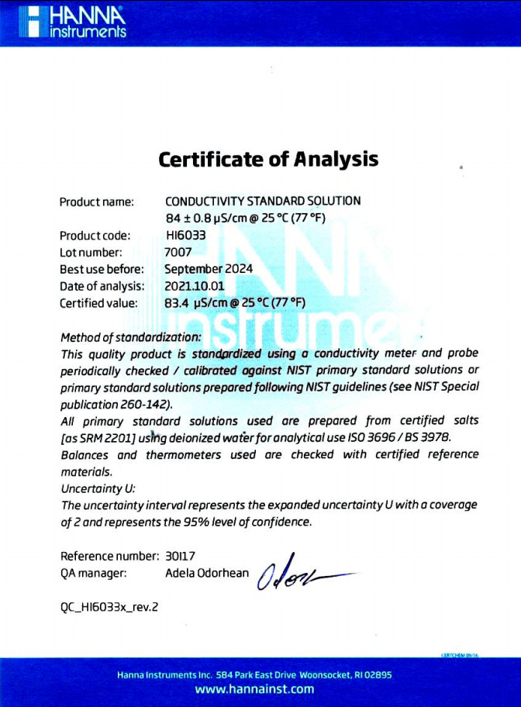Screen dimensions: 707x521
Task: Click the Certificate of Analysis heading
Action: coord(268,160)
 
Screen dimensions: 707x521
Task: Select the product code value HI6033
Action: coord(185,235)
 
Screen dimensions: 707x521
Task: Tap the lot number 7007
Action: coord(178,252)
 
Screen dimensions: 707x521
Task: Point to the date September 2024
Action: coord(209,269)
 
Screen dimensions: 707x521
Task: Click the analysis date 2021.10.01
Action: coord(194,286)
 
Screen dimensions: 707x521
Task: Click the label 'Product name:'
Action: coord(97,202)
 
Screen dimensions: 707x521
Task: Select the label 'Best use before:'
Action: coord(102,269)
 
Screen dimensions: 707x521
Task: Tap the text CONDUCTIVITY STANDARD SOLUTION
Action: coord(263,201)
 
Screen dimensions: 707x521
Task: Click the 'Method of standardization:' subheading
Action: coord(130,337)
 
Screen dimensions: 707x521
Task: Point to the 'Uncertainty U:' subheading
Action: coord(98,488)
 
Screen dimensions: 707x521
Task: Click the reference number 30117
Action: coord(182,556)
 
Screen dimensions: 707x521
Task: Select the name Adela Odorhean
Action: coord(207,574)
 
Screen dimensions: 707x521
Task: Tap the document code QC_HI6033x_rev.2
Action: coord(109,607)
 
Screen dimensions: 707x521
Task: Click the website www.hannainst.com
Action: coord(254,689)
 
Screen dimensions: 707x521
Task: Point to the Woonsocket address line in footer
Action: coord(254,674)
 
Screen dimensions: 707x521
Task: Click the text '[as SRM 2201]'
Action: coord(95,438)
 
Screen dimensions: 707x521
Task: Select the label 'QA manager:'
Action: coord(93,574)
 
